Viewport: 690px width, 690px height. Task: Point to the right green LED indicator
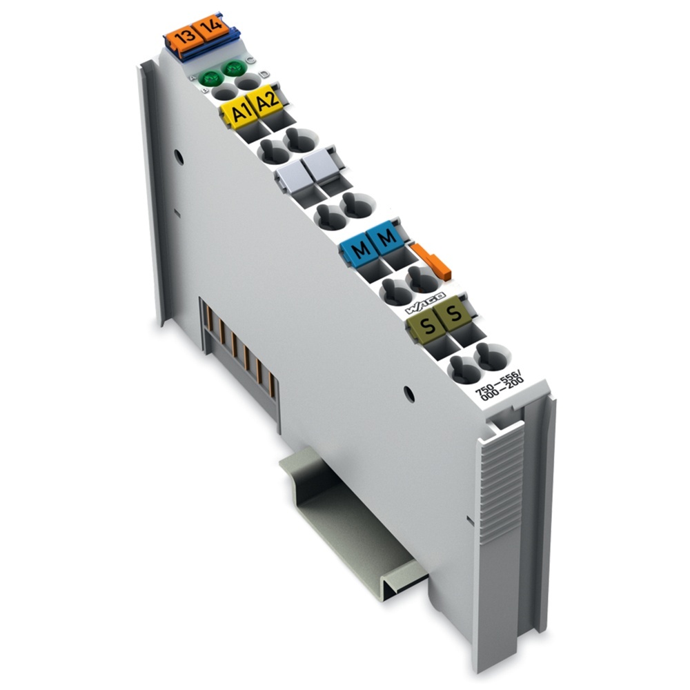pos(233,69)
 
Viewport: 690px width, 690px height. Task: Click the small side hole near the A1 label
pos(179,157)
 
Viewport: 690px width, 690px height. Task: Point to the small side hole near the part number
pos(409,395)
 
